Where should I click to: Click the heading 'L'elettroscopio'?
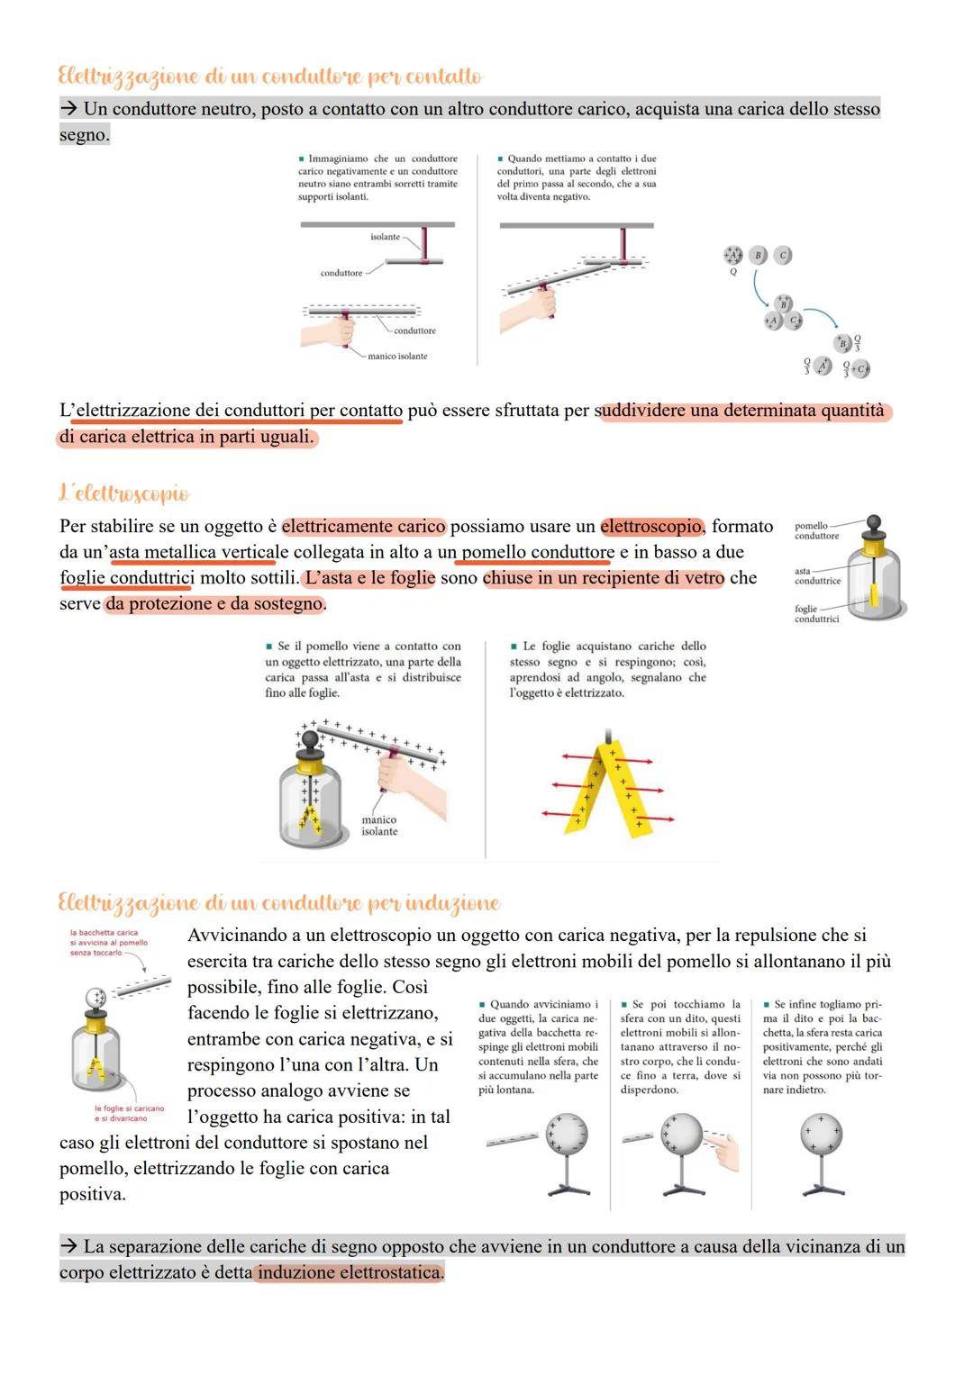tap(124, 493)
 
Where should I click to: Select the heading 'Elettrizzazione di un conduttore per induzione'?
tap(278, 902)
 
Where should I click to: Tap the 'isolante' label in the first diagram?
tap(385, 237)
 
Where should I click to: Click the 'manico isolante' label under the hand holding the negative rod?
tap(397, 357)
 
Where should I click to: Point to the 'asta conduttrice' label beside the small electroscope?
tap(816, 576)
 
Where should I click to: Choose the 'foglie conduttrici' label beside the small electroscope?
tap(816, 614)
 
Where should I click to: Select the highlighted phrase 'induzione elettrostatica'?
tap(350, 1273)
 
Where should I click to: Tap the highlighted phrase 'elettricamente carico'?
tap(364, 527)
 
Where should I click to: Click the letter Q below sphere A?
tap(732, 271)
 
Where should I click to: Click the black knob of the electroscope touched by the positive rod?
tap(310, 738)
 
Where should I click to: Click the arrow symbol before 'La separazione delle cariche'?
tap(69, 1247)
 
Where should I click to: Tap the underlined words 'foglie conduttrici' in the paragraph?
tap(126, 578)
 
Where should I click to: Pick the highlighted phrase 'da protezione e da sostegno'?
tap(214, 604)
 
